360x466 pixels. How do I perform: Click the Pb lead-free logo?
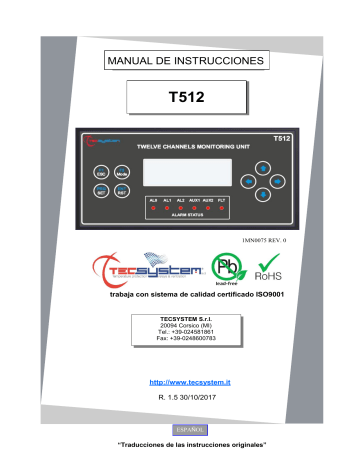coord(223,267)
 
